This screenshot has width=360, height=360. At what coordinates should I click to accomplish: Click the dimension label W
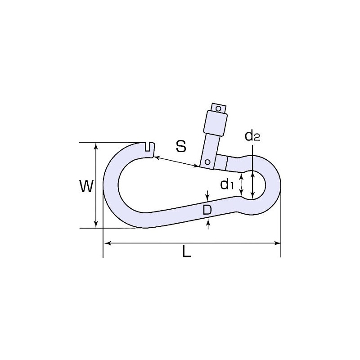click(x=86, y=186)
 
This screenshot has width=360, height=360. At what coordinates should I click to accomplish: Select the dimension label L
click(x=187, y=251)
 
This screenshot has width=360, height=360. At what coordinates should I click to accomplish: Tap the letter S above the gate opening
click(x=181, y=146)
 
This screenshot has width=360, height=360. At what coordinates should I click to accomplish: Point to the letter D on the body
click(x=207, y=210)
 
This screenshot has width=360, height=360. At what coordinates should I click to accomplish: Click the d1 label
click(x=227, y=184)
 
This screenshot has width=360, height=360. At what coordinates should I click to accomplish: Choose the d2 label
click(x=252, y=135)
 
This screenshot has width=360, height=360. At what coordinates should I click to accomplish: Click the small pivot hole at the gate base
click(x=207, y=162)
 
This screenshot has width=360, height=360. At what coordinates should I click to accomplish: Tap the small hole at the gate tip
click(x=218, y=108)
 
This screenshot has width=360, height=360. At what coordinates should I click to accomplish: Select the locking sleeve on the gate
click(x=216, y=123)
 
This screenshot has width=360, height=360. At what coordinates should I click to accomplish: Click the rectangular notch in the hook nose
click(x=148, y=147)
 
